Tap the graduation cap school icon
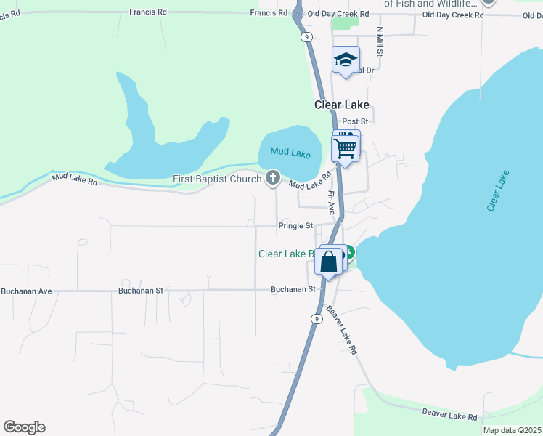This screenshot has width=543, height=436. (x=346, y=60)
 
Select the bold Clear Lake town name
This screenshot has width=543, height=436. (x=342, y=105)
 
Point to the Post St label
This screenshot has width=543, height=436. (x=355, y=121)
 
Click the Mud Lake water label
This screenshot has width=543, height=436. (x=290, y=153)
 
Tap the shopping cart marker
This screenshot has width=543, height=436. (x=346, y=149)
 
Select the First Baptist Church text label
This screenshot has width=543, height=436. (x=216, y=179)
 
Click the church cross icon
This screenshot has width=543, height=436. (x=273, y=177)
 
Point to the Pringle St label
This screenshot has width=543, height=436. (x=295, y=226)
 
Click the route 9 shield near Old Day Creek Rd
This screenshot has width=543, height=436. (x=307, y=36)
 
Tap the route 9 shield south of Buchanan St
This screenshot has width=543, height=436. (x=317, y=318)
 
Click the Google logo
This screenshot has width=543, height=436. (x=24, y=427)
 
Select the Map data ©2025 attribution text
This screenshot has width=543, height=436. (x=512, y=430)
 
